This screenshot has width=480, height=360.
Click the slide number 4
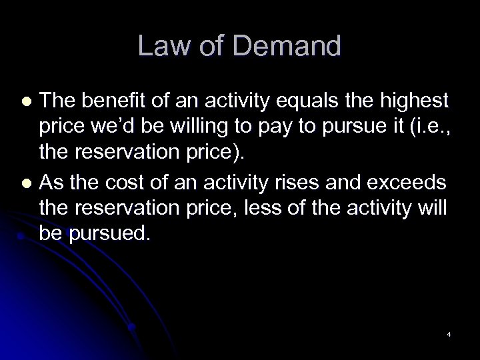449,334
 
